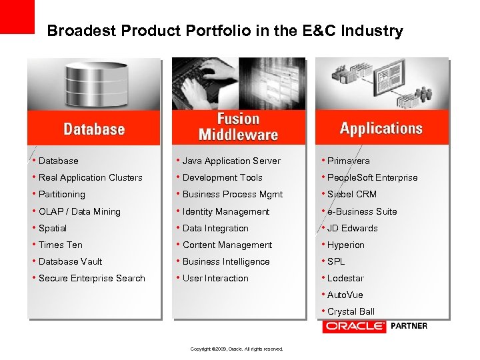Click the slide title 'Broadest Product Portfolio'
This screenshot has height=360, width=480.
pos(225,31)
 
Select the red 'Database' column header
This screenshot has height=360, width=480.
pos(94,129)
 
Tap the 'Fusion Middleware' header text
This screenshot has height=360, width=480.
pos(238,127)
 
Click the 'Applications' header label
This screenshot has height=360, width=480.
pos(381,128)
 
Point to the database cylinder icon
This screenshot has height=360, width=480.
pos(94,83)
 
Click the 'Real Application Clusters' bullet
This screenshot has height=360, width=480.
pos(90,177)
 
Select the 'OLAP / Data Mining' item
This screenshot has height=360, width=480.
pos(79,211)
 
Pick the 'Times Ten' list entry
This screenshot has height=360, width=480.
pos(61,245)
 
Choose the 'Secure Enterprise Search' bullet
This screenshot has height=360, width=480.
pos(91,278)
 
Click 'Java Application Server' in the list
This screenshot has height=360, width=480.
pos(231,161)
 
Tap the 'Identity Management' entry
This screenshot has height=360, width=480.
pos(226,211)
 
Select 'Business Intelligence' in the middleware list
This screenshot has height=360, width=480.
pos(226,261)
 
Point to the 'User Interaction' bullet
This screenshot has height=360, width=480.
pos(215,278)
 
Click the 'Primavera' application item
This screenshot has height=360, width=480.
pos(348,161)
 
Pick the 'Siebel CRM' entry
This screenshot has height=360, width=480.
pos(351,194)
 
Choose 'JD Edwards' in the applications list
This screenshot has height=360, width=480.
pos(352,228)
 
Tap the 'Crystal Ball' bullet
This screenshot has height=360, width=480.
pos(351,311)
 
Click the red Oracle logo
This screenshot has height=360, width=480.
pos(354,326)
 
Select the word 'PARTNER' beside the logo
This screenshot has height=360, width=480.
pos(409,326)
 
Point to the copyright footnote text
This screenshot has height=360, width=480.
pos(237,349)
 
